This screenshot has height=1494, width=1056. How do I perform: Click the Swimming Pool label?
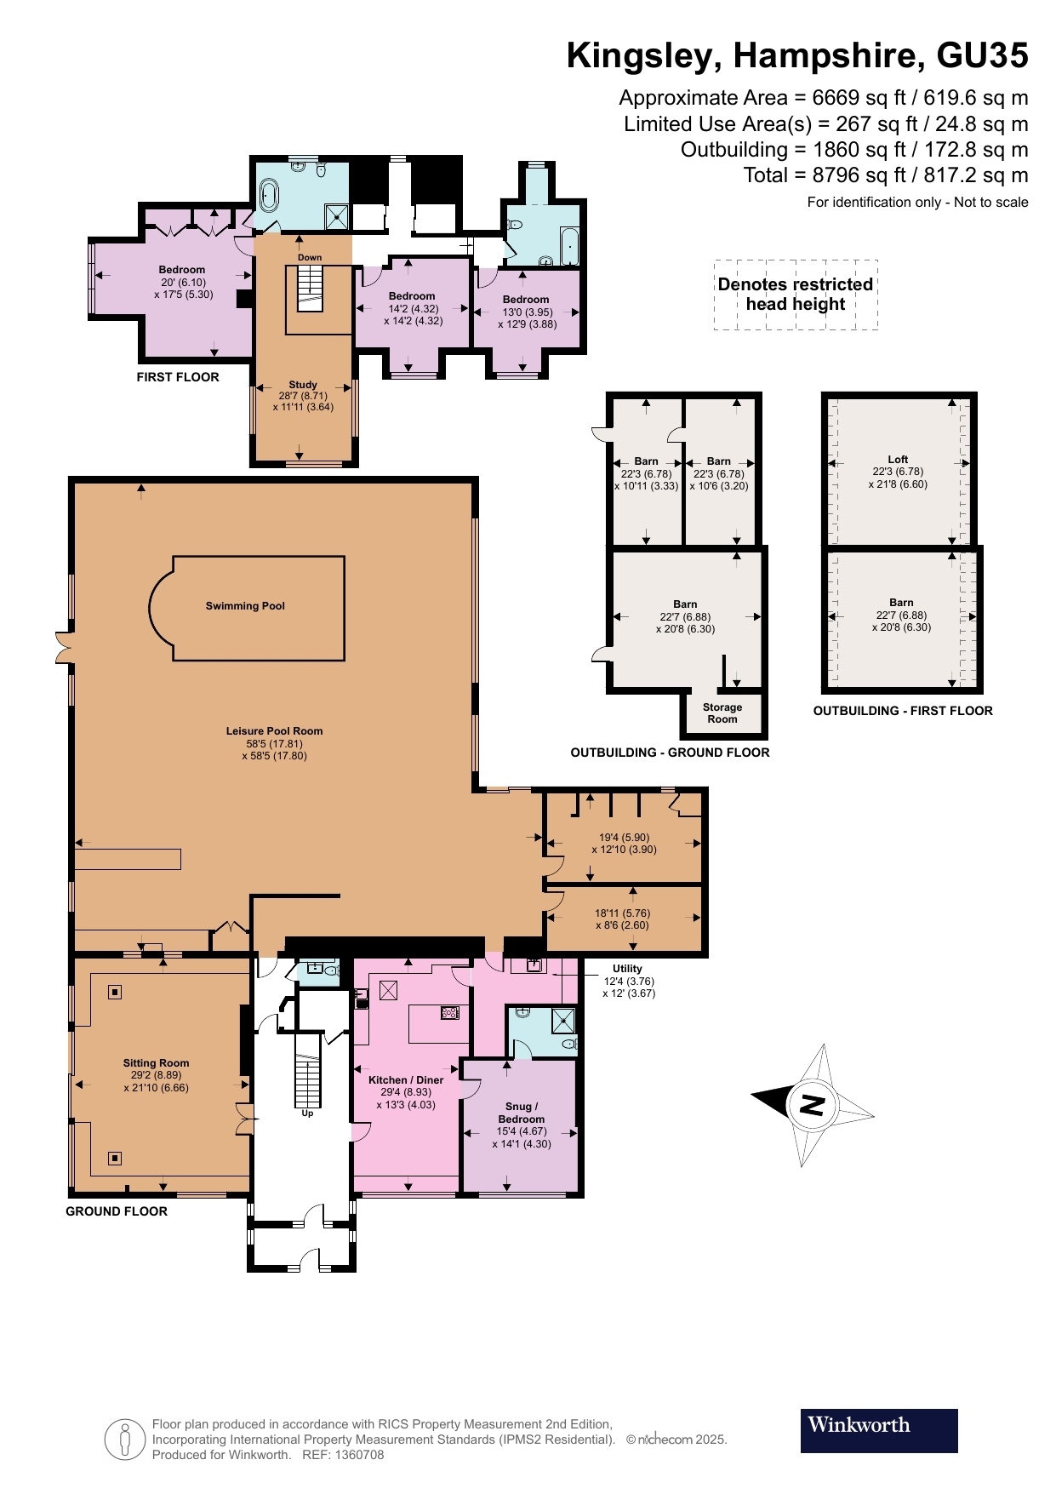point(245,606)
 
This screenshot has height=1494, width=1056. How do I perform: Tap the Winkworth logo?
point(879,1430)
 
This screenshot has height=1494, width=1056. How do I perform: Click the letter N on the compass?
point(813,1105)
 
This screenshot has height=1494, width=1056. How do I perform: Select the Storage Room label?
point(722,713)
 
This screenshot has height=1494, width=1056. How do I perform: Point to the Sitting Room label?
point(156,1062)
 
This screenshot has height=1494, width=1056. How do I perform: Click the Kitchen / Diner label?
point(406,1079)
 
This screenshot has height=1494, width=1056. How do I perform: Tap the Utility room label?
point(627,968)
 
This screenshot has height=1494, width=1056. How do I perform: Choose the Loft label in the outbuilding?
point(898,459)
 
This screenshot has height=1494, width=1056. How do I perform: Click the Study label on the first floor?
point(303,385)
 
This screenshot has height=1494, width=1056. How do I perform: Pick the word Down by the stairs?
point(310,257)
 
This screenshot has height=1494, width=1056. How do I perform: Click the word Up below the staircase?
point(307,1113)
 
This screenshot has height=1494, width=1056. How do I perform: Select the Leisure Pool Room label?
point(274,730)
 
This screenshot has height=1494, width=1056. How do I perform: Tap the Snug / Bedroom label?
point(521,1113)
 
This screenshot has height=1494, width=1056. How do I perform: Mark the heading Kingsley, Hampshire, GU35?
point(797,55)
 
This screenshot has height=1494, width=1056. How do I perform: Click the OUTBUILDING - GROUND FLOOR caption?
point(670,753)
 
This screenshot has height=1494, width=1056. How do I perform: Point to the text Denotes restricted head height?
point(796,294)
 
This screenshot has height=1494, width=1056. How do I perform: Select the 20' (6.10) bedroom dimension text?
point(183,283)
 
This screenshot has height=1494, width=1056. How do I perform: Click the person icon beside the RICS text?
point(125,1440)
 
